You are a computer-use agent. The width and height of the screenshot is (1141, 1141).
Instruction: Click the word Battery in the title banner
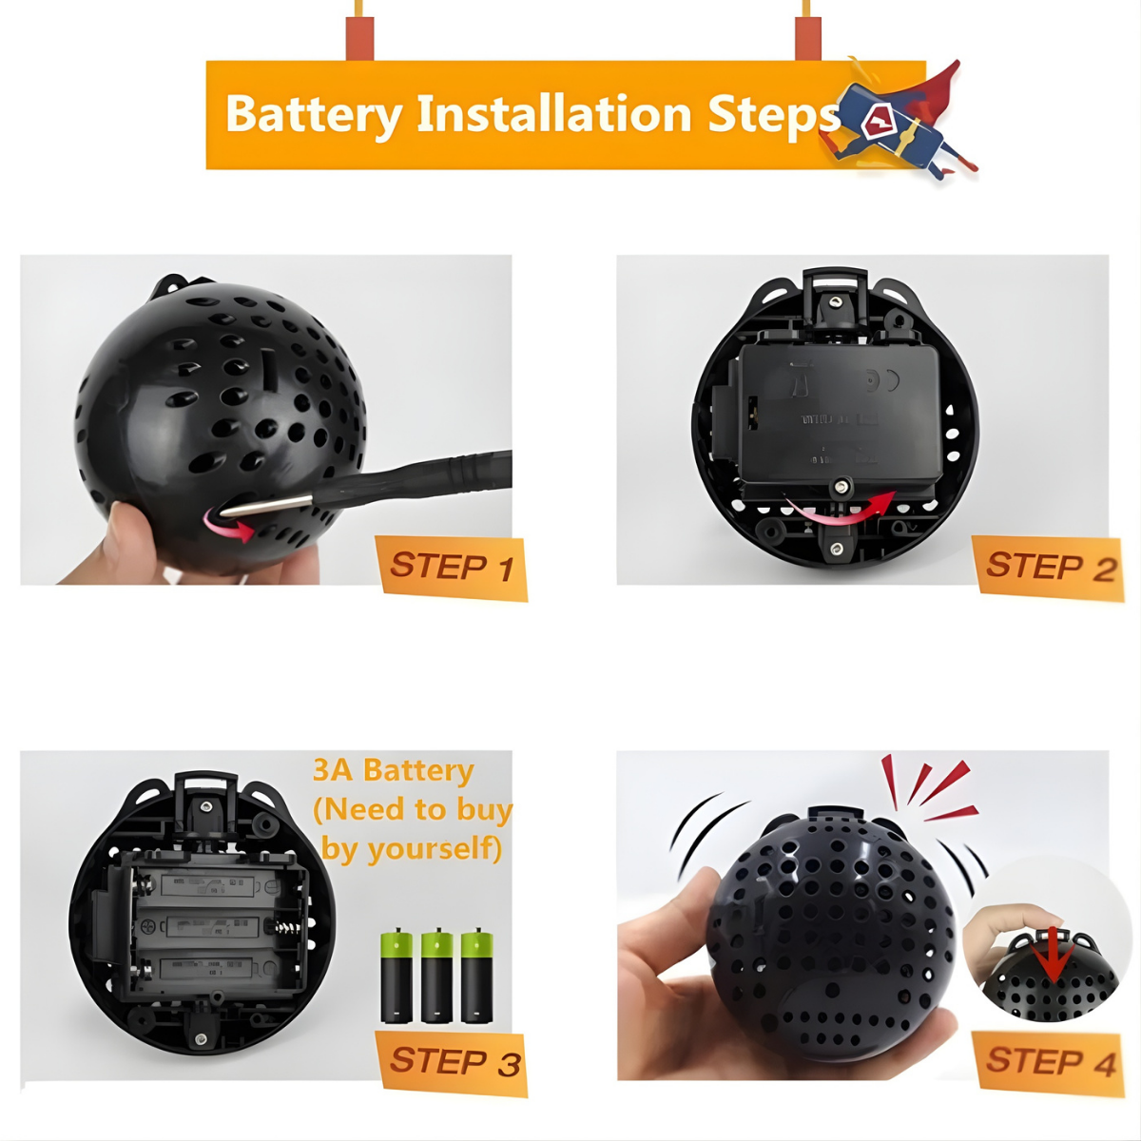tap(313, 115)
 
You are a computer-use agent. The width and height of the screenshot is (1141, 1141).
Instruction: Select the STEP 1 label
tap(452, 568)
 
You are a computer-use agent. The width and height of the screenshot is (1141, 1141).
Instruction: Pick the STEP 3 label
tap(454, 1062)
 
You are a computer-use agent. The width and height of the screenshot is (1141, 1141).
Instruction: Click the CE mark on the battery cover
tap(883, 381)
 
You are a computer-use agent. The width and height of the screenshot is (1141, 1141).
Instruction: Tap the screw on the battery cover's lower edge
tap(841, 487)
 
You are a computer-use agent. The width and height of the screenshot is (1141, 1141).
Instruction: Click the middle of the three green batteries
tap(437, 977)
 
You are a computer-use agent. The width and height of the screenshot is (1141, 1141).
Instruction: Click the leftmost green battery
tap(396, 977)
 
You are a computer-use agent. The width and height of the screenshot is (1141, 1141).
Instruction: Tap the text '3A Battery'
tap(393, 770)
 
